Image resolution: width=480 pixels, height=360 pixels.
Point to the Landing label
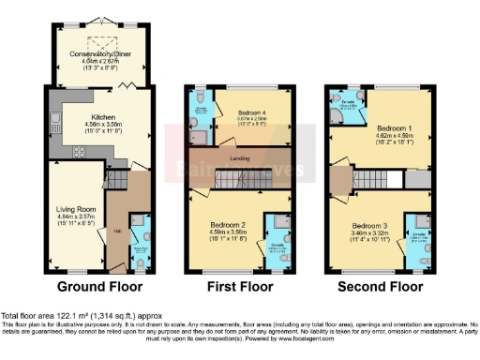click(x=240, y=159)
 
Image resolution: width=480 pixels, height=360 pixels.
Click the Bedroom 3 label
click(x=372, y=227)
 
